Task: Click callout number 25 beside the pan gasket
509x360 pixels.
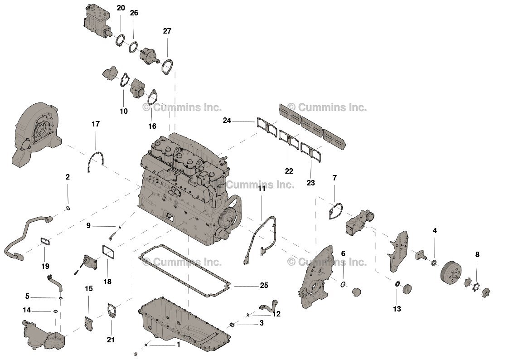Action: (x=264, y=286)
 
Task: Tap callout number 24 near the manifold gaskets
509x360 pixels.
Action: (x=227, y=121)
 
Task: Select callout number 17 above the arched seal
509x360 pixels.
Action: (x=95, y=124)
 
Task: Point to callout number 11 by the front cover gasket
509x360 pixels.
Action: (x=262, y=188)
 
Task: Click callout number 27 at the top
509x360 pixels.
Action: (x=167, y=31)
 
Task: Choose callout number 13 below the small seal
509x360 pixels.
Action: (x=397, y=309)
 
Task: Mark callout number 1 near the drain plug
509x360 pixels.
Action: (x=178, y=345)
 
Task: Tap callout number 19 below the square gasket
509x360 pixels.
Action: (x=45, y=266)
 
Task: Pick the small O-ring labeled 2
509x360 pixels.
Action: (x=68, y=208)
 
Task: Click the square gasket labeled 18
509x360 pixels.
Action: (x=107, y=252)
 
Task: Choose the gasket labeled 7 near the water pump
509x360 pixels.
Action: (x=336, y=211)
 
